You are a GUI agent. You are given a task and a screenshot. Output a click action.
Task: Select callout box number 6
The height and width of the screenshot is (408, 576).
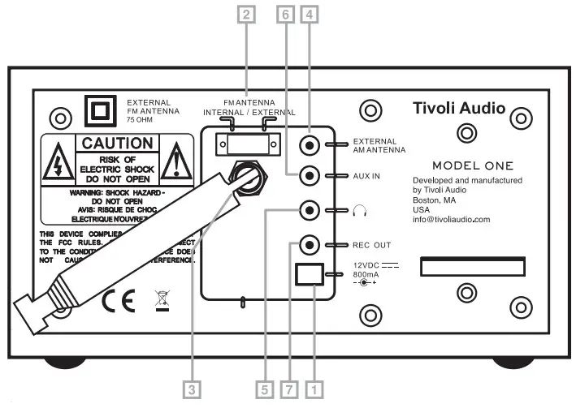(x=284, y=14)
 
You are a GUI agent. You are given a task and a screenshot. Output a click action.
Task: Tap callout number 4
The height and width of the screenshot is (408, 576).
(x=309, y=14)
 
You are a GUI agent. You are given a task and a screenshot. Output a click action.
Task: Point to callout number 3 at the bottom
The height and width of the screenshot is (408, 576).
(x=191, y=389)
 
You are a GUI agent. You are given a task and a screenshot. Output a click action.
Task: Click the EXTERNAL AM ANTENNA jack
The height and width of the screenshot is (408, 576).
(x=309, y=146)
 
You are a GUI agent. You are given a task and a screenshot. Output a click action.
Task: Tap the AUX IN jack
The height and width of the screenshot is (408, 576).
(x=309, y=175)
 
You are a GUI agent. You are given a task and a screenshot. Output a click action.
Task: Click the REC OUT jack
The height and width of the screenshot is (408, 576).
(x=309, y=244)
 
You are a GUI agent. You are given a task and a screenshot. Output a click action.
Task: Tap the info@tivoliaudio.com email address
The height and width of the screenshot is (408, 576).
(x=452, y=219)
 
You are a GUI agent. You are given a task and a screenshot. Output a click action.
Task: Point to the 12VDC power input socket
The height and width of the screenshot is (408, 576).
(x=310, y=275)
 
